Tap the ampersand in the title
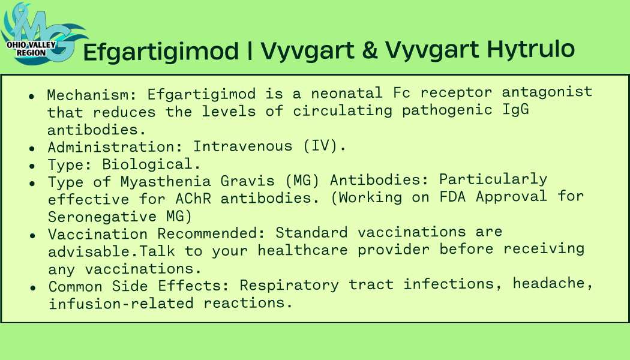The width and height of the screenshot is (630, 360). coord(369,49)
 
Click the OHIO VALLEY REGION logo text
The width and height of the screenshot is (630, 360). coord(31,49)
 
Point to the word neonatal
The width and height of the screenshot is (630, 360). coord(347,93)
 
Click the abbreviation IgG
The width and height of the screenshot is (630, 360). coord(515,110)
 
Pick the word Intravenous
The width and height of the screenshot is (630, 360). coord(242,146)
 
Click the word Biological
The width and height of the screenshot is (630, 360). coord(147,164)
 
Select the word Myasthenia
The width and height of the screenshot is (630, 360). coord(166,182)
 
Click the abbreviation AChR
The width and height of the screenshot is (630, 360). coord(193,198)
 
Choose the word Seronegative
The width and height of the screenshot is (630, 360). coord(102,217)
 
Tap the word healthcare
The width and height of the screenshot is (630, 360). coord(302,250)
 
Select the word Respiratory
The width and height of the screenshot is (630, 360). coord(289,285)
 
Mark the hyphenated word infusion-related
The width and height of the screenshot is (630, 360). coord(121,303)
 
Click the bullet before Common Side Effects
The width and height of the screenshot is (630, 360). coord(33,287)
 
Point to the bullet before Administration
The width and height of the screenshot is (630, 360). coord(32,149)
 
